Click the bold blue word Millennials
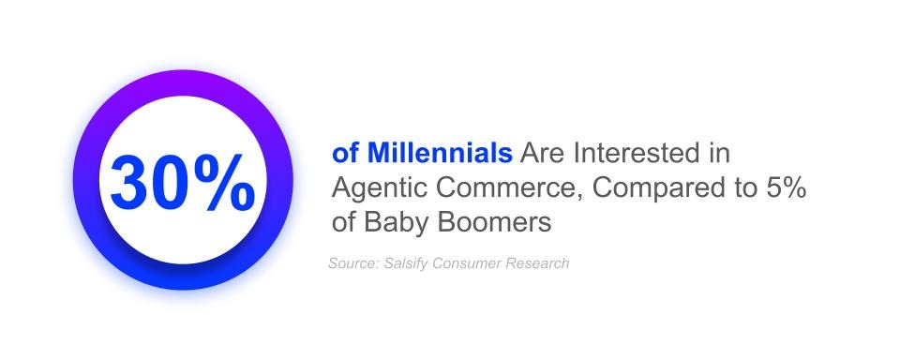click(x=440, y=154)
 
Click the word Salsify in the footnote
click(x=403, y=263)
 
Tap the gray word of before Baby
click(x=344, y=222)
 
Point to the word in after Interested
click(x=720, y=154)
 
